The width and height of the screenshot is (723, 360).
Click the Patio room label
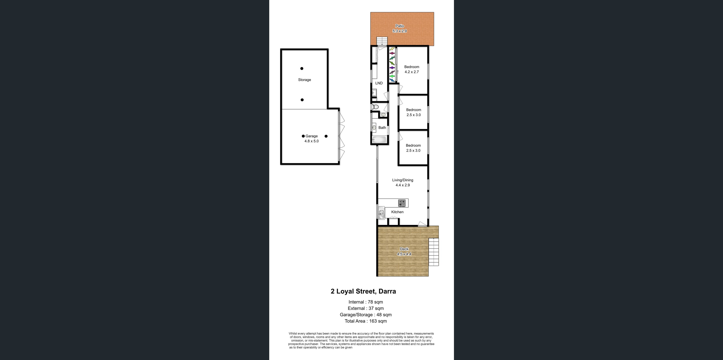tap(399, 26)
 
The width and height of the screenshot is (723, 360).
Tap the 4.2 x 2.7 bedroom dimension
tap(411, 72)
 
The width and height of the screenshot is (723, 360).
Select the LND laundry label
tap(379, 83)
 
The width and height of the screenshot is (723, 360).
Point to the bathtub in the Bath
tap(379, 140)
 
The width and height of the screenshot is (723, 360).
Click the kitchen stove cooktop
tap(402, 203)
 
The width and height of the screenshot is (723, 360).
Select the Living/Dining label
tap(403, 180)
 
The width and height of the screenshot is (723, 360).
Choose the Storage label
tap(304, 80)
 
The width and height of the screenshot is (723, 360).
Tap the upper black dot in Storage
tap(302, 68)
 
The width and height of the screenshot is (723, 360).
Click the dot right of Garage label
tap(326, 136)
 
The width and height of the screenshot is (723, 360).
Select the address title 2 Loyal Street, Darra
tap(363, 291)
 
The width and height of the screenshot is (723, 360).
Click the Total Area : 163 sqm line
tap(365, 321)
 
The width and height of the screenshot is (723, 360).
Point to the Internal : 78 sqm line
tap(365, 302)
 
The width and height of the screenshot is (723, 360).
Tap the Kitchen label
tap(397, 212)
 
